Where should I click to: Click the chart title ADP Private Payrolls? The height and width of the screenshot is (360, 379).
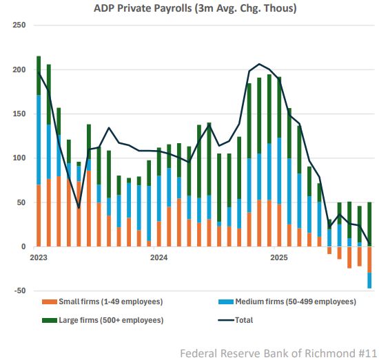coord(189,8)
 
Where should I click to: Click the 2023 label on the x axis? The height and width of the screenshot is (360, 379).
coord(39,258)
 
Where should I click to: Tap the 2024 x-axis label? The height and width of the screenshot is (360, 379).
coord(159,258)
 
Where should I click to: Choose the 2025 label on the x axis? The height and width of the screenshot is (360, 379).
coord(279,258)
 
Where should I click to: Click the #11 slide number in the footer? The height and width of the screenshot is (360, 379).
coord(366,352)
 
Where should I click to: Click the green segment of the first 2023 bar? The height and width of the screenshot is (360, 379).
coord(39,75)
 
